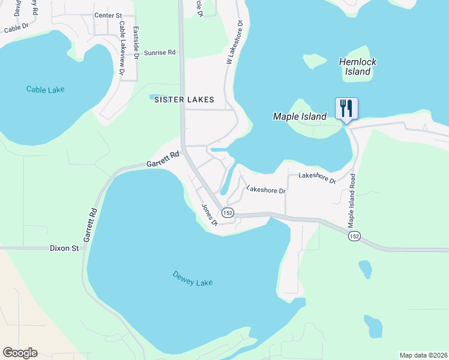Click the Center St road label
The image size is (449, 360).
[108, 15]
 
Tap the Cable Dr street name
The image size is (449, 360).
[16, 28]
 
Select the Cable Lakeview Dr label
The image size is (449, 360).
[122, 49]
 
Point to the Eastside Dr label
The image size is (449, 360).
[136, 43]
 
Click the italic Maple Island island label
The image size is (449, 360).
[300, 116]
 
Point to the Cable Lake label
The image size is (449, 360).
[45, 89]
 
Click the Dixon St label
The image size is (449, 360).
[64, 248]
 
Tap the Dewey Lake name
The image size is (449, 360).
[193, 279]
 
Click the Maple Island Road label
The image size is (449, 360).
[352, 200]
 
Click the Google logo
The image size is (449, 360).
[20, 353]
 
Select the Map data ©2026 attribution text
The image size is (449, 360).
[423, 355]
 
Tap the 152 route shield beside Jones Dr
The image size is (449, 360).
[227, 213]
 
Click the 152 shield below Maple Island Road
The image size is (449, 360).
[354, 236]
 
